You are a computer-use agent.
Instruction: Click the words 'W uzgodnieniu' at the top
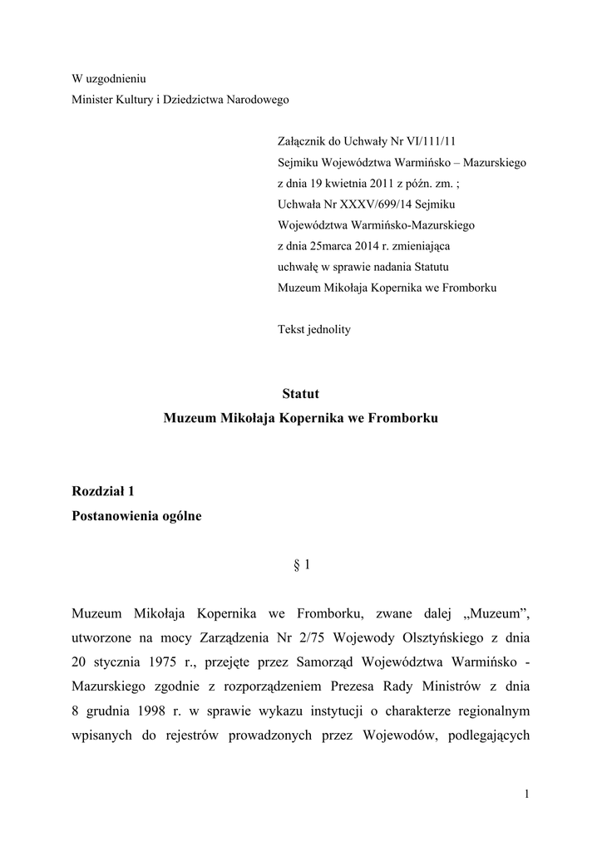point(109,79)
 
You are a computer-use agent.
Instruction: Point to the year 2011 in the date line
point(380,184)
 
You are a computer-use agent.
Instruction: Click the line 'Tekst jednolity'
point(313,329)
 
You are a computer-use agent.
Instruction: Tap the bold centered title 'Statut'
point(300,394)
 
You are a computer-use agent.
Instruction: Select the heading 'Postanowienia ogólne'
point(136,516)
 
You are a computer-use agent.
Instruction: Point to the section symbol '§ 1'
point(302,566)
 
